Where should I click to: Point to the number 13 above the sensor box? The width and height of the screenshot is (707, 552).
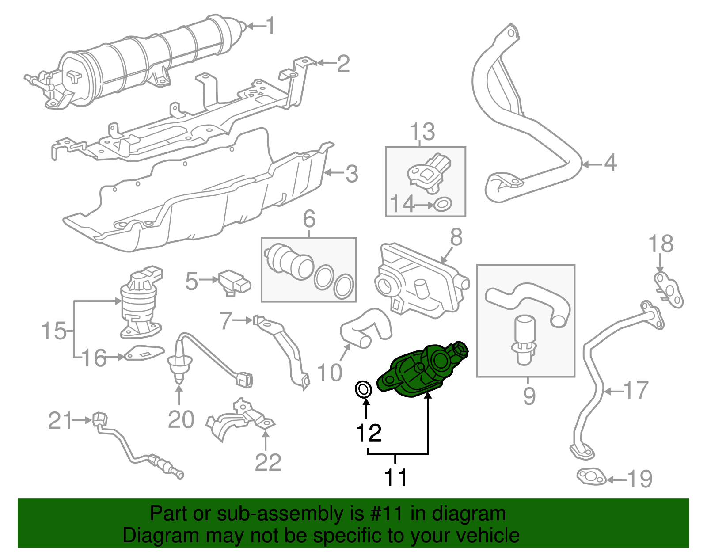[x=422, y=132]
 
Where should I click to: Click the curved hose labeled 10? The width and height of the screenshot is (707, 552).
[x=366, y=329]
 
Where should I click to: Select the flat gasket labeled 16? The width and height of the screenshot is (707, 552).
[x=144, y=353]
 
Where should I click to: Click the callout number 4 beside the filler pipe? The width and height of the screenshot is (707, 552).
[x=610, y=163]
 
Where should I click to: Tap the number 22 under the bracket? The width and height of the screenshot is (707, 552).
[x=268, y=462]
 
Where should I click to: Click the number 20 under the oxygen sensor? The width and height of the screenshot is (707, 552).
[x=181, y=419]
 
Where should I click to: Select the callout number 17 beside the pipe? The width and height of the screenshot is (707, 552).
[x=636, y=390]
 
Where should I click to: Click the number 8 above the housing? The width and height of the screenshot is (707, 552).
[x=456, y=237]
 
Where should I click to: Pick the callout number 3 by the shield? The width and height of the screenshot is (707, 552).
[x=352, y=174]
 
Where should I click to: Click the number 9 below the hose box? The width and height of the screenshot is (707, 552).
[x=529, y=396]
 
